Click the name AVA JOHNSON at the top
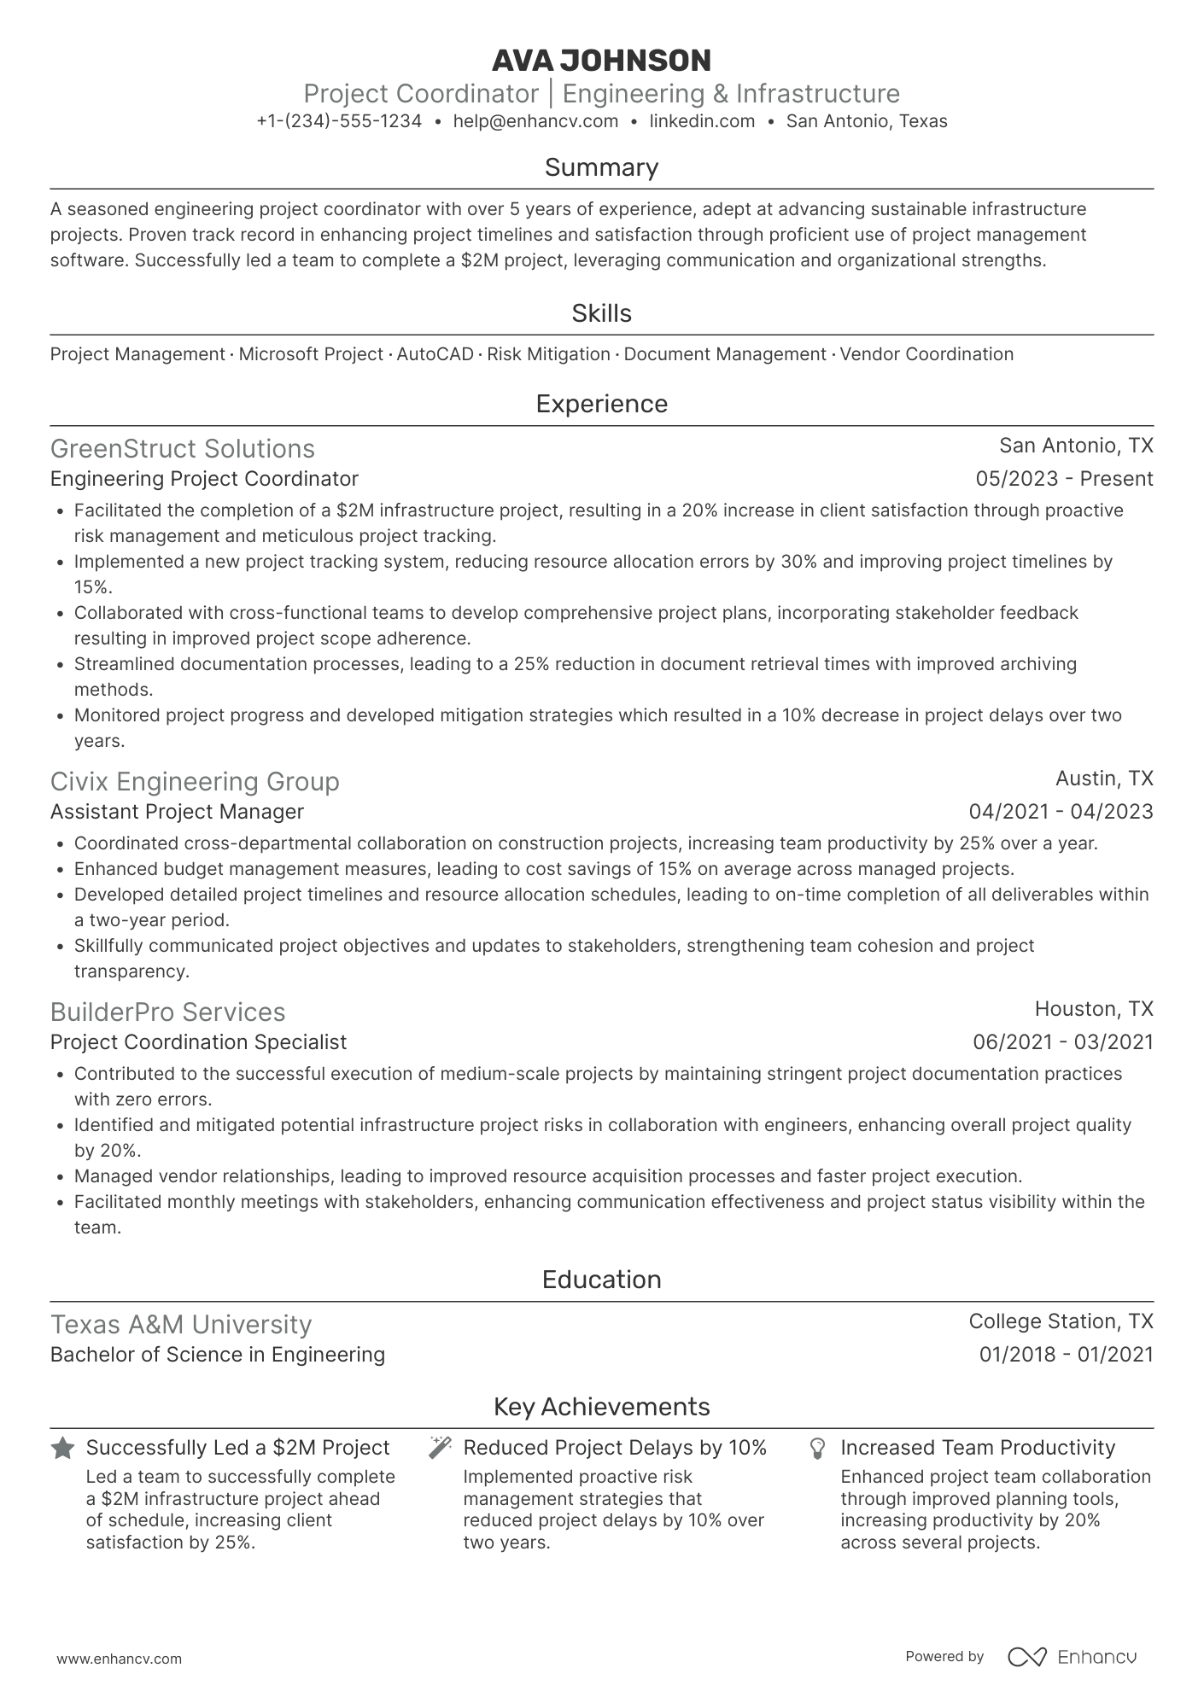point(601,61)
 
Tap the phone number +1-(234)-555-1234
point(339,121)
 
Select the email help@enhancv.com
point(535,121)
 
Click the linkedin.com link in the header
point(702,121)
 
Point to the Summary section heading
point(601,167)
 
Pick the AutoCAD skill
point(435,354)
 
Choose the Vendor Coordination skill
point(926,354)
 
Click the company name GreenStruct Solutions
point(183,449)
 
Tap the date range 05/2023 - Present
point(1064,479)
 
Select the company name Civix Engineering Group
point(195,782)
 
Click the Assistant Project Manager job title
point(177,812)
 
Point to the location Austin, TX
point(1104,779)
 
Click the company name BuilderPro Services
point(167,1012)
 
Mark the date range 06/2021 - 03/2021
point(1062,1042)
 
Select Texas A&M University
point(181,1325)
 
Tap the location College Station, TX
point(1061,1321)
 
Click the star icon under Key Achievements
point(62,1449)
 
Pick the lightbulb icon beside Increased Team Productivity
point(817,1449)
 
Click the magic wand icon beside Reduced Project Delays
point(440,1448)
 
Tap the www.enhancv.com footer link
point(120,1659)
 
